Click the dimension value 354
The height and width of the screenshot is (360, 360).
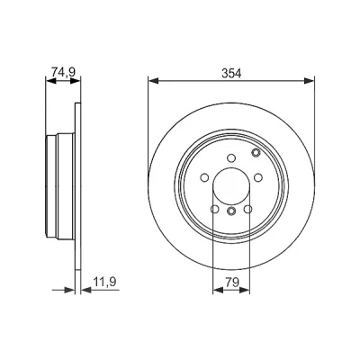(231, 73)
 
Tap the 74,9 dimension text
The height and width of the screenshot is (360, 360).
(63, 72)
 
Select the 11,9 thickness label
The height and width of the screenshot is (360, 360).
(104, 282)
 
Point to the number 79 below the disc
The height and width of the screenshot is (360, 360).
(231, 283)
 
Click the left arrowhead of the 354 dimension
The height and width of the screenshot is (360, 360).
(153, 81)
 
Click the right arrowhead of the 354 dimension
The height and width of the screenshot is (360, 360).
(310, 81)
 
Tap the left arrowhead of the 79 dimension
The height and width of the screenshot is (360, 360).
(218, 290)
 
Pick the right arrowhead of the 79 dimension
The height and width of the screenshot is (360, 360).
(245, 290)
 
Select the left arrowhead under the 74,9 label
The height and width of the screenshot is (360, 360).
(50, 81)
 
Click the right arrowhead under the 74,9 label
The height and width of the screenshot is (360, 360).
(76, 81)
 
